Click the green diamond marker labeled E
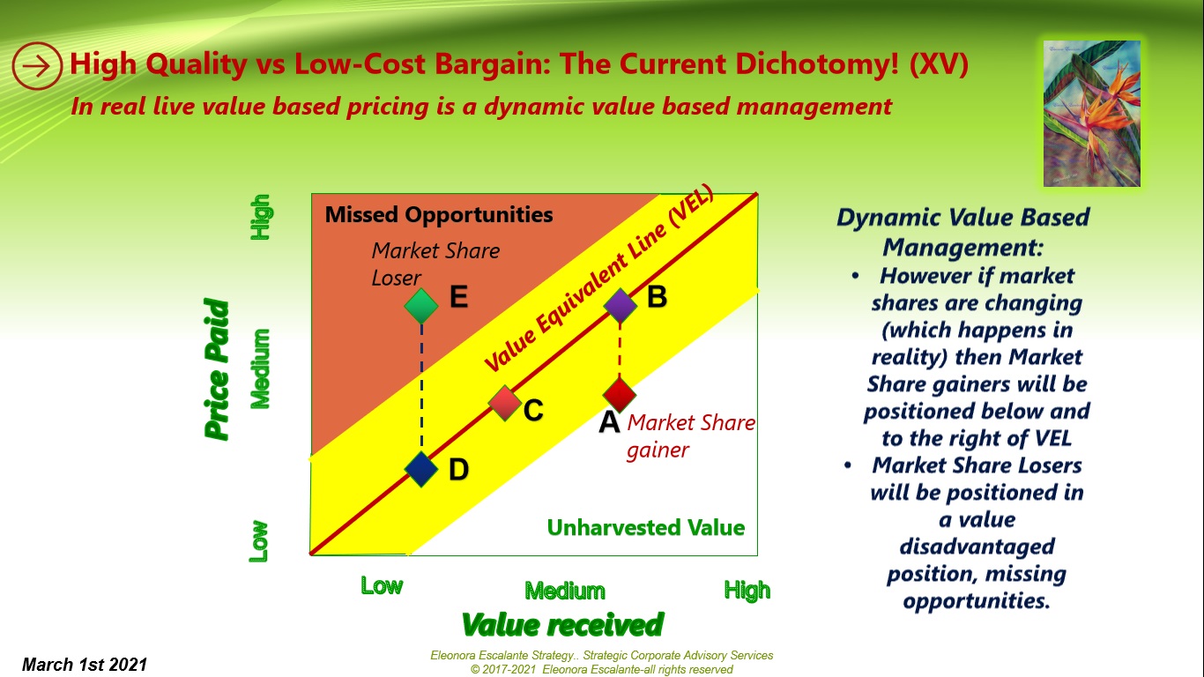click(421, 305)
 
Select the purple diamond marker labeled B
click(620, 305)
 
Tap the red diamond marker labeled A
click(620, 393)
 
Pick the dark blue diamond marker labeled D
click(421, 468)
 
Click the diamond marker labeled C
click(505, 402)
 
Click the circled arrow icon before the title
click(36, 65)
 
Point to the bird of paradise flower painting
click(1091, 114)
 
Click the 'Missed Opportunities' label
click(439, 214)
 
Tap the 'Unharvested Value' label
click(645, 527)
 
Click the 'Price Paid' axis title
click(217, 370)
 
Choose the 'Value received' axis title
click(562, 624)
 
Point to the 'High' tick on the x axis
click(747, 590)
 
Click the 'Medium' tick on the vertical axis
click(260, 368)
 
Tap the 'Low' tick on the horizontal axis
click(382, 586)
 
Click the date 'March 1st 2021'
click(85, 665)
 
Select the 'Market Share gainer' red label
click(690, 436)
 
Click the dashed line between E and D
click(421, 388)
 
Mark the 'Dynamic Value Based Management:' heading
click(962, 232)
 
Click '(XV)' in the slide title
click(938, 64)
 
